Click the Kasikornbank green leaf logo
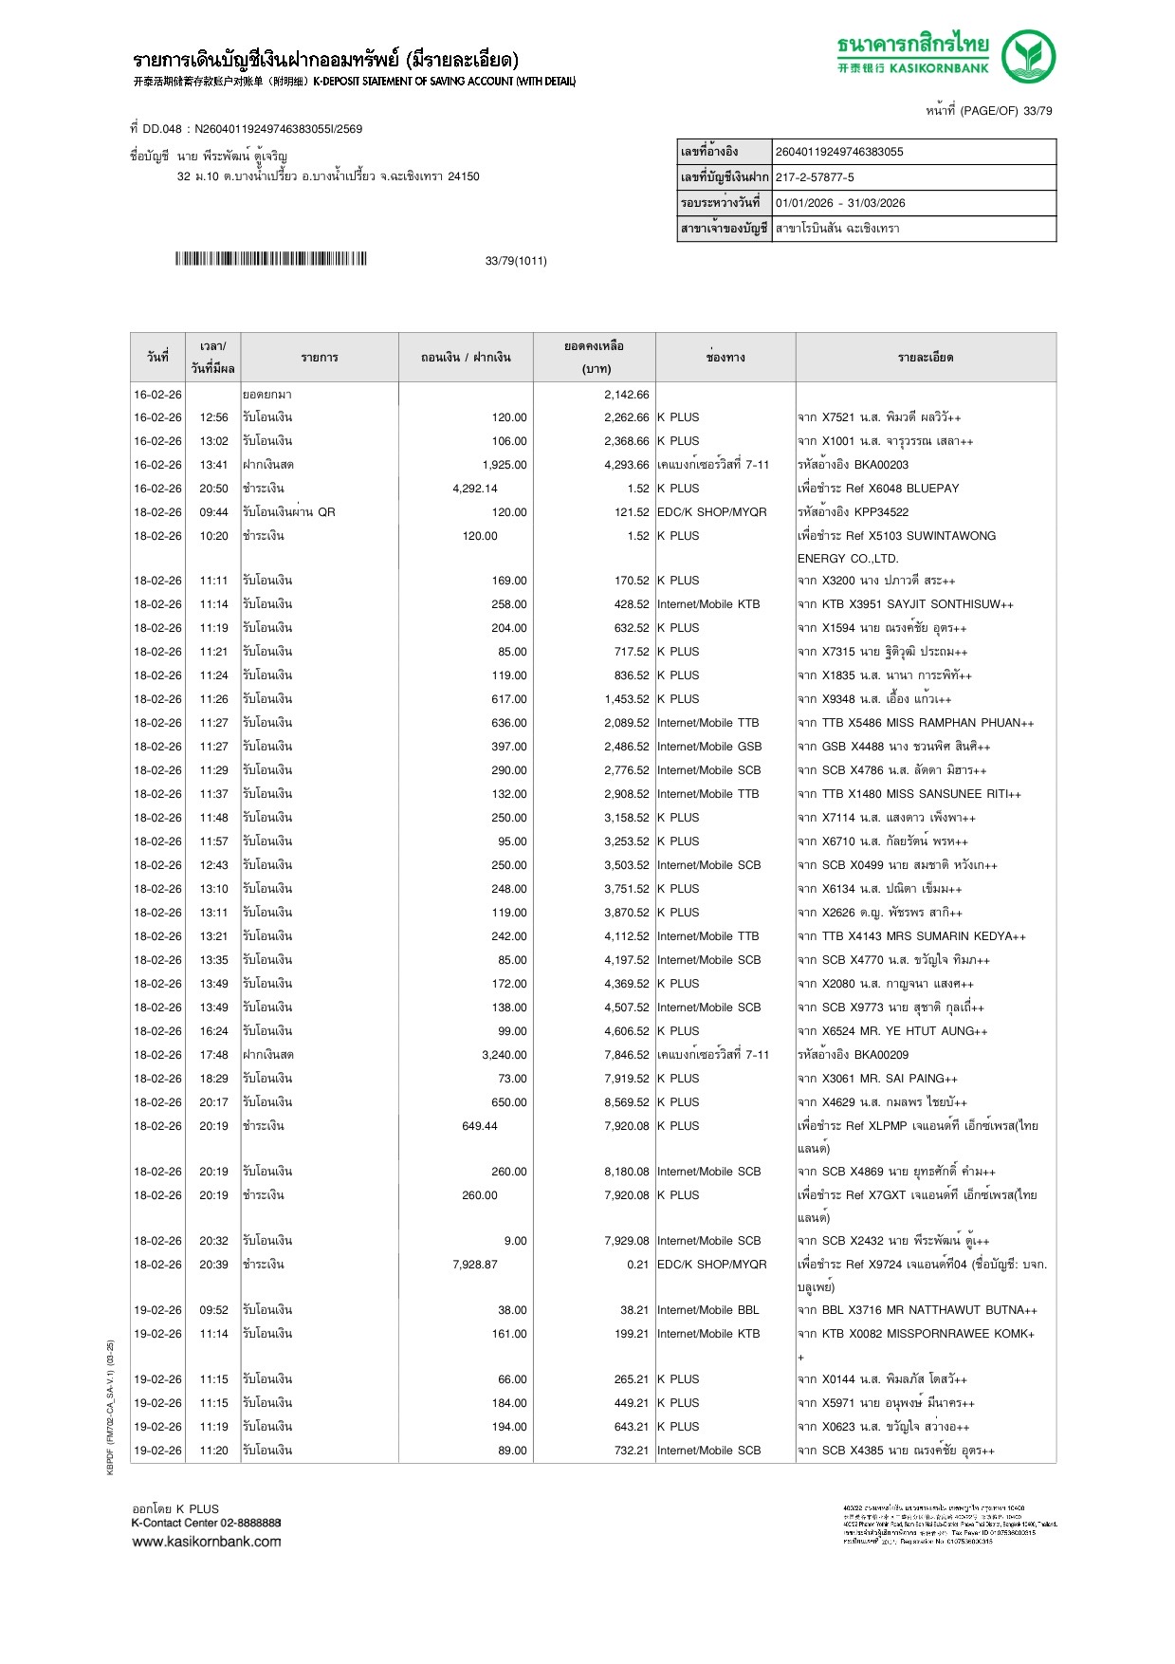point(1028,55)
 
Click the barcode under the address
point(270,259)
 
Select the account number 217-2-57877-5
point(815,177)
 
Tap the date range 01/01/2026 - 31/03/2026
point(840,203)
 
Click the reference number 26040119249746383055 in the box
point(839,152)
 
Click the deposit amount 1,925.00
point(505,465)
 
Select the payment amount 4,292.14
point(475,489)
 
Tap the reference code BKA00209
point(881,1055)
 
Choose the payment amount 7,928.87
point(475,1265)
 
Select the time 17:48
point(213,1055)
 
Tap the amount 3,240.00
point(505,1055)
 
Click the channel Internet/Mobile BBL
point(708,1310)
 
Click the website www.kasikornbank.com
point(207,1542)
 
